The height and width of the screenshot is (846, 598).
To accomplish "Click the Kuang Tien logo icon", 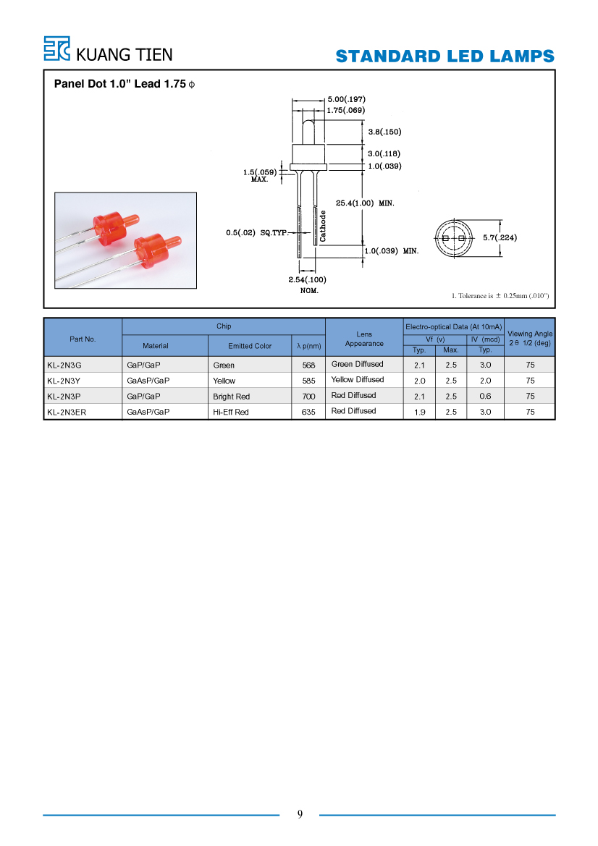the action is point(56,48).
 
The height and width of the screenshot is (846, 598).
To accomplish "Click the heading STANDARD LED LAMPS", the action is point(445,56).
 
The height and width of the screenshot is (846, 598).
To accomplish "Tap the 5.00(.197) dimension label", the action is point(347,99).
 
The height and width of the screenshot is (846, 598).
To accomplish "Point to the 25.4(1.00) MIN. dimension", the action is point(365,203).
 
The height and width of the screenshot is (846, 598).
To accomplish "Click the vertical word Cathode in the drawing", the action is point(323,226).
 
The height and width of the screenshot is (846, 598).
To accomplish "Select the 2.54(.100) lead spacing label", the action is point(307,279).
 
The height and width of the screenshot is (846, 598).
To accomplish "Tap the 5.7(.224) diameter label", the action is point(500,237).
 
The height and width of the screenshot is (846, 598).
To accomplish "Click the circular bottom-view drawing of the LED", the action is point(453,238).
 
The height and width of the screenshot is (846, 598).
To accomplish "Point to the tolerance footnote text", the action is point(500,296).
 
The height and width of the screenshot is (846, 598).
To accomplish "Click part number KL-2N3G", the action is point(64,365).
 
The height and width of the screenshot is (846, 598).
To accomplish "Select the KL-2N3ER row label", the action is point(67,413).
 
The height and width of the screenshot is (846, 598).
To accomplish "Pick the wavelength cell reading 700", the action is point(308,397).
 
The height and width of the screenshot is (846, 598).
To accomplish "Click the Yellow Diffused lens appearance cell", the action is point(358,380).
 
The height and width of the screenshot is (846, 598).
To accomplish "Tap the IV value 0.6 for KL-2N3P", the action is point(486,396).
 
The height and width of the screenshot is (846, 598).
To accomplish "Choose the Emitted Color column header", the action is point(250,346).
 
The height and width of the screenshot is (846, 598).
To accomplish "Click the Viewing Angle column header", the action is point(530,338).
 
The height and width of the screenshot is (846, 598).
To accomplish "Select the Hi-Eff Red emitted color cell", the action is point(230,413).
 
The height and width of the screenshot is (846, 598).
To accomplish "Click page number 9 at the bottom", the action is point(300,814).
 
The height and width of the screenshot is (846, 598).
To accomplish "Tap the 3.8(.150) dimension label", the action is point(385,132).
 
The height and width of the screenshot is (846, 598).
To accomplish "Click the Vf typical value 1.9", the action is point(419,413).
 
